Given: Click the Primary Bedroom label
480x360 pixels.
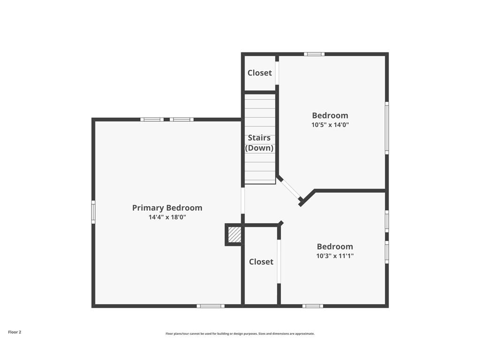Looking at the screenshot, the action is [167, 208].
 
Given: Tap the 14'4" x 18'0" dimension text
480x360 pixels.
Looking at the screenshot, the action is [167, 217].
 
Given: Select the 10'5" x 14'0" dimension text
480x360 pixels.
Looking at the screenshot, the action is [330, 125].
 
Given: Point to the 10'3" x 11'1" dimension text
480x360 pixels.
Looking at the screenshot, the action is [335, 256].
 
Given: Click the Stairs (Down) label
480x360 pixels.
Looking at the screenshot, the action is [259, 143].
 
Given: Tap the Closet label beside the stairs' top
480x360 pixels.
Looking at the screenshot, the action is [260, 73].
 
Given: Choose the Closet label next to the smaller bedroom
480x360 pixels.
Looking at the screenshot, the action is [261, 262].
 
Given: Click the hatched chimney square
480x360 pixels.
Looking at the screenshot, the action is [234, 234].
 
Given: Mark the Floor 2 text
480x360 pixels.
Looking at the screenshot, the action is [15, 332].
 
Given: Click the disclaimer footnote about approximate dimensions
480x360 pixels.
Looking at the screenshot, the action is [240, 334].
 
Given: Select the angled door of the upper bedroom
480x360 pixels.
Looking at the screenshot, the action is [291, 189].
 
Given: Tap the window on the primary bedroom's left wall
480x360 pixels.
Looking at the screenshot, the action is [93, 212].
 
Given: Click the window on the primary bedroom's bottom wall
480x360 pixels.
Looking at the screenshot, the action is [210, 306].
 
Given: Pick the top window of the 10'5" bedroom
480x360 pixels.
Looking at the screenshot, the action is [314, 54].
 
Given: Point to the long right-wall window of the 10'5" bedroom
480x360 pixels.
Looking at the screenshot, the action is [387, 128].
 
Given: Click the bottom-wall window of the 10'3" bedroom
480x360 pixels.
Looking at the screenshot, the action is [313, 306].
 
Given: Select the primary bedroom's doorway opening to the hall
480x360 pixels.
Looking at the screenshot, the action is [243, 201].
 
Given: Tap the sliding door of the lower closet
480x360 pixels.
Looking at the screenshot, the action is [279, 262].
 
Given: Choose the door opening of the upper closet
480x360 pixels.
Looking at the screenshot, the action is [277, 73].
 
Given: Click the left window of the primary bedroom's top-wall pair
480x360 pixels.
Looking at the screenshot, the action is [152, 120].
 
